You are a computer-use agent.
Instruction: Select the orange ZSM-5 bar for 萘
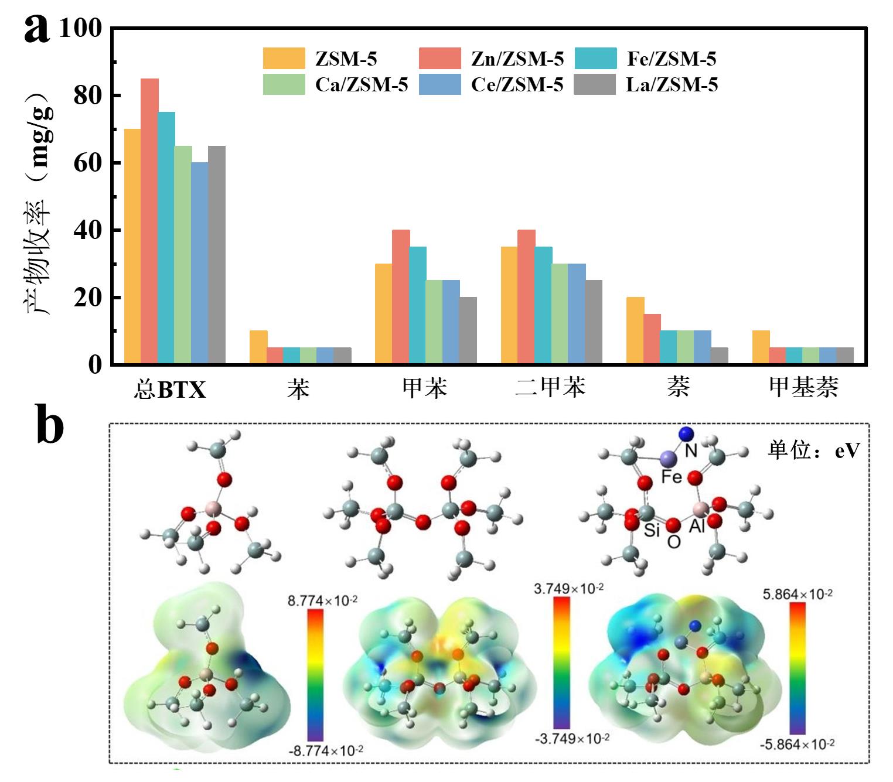click(x=635, y=330)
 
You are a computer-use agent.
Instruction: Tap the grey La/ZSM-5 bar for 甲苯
click(x=468, y=330)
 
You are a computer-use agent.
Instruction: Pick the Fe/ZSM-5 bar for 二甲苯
click(x=543, y=305)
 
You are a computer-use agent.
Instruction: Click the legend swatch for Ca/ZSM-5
click(x=284, y=85)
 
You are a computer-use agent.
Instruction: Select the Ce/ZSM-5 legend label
click(x=517, y=85)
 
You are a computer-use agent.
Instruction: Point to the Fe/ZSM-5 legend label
click(x=672, y=59)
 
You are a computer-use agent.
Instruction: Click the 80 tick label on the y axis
click(x=87, y=95)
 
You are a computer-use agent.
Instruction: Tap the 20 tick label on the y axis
click(x=87, y=298)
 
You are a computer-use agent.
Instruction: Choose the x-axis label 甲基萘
click(x=803, y=388)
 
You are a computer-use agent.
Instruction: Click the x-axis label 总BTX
click(x=170, y=389)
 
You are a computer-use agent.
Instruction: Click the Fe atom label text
click(x=672, y=477)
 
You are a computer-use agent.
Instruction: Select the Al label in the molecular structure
click(x=697, y=527)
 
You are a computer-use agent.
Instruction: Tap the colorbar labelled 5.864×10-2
click(x=797, y=668)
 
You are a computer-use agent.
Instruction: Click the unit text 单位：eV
click(x=814, y=450)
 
